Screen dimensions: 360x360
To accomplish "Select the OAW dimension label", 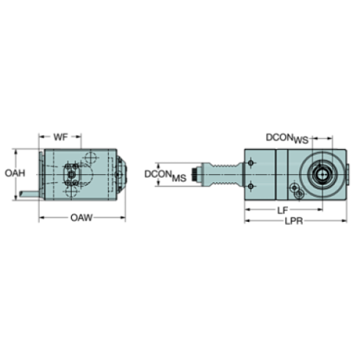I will tap(81, 217).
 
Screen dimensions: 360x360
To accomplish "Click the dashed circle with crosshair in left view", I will tap(91, 157).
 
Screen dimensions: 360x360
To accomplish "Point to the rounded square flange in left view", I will tap(71, 173).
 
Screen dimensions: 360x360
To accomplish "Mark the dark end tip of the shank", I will tap(195, 174).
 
